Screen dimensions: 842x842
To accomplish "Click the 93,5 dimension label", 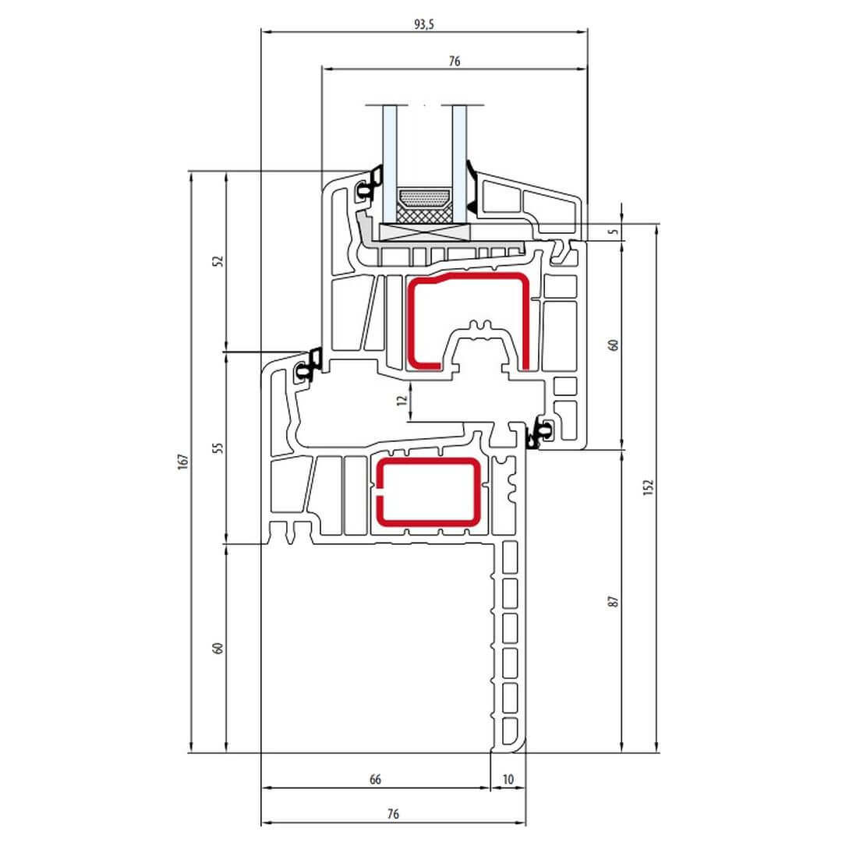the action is (423, 24).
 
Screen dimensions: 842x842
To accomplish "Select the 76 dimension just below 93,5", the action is (455, 62).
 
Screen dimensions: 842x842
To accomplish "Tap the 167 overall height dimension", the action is (183, 462).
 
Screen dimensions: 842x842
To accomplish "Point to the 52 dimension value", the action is (218, 261).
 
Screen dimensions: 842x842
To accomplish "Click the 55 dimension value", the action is (218, 448).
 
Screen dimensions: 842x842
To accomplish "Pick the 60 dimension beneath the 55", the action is (218, 648).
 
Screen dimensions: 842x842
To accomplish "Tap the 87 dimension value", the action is (614, 601).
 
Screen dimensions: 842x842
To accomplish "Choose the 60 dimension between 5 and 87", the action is (614, 345).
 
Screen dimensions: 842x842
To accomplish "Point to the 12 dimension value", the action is (402, 400).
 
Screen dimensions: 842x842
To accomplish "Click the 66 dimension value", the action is (375, 779).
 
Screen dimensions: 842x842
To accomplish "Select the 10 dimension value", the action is (508, 779).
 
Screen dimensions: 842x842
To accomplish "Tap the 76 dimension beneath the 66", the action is (393, 814).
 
